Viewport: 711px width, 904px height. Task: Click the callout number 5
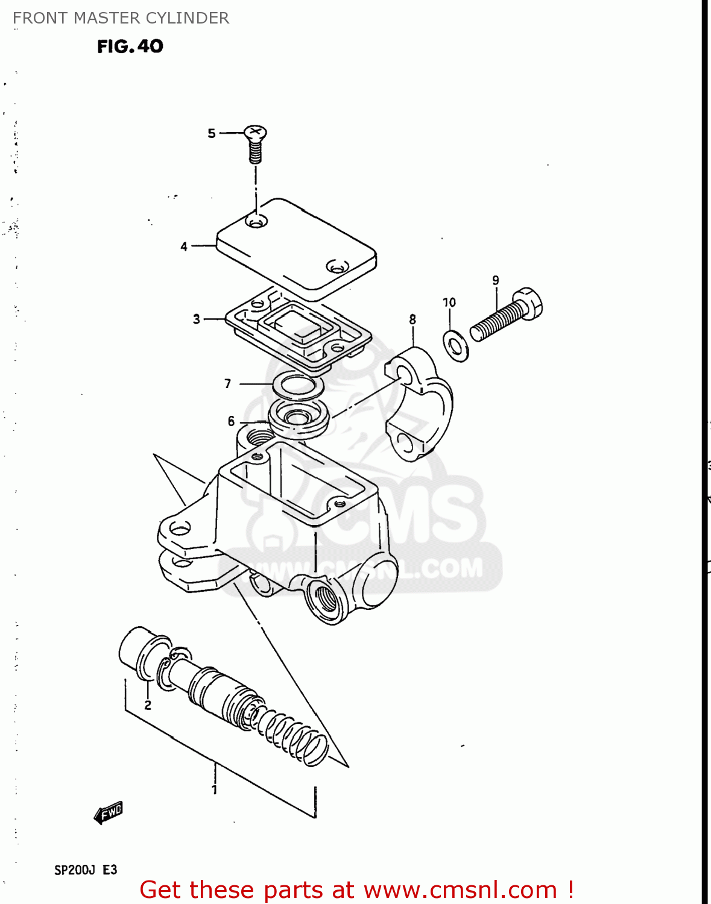click(211, 133)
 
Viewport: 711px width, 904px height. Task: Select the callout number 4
click(184, 246)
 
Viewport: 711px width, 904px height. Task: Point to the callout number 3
click(196, 319)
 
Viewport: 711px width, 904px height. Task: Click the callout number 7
click(227, 383)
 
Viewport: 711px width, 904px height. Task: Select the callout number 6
click(231, 421)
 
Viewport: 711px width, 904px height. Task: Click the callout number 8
click(412, 319)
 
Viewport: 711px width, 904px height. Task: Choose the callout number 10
click(449, 303)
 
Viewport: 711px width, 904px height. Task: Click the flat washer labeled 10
click(456, 345)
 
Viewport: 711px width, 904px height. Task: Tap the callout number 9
click(496, 280)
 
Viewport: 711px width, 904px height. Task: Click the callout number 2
click(148, 705)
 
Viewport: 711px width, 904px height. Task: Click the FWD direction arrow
click(109, 813)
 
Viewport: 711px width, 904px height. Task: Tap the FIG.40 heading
click(130, 46)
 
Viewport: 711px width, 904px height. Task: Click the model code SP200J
click(75, 870)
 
